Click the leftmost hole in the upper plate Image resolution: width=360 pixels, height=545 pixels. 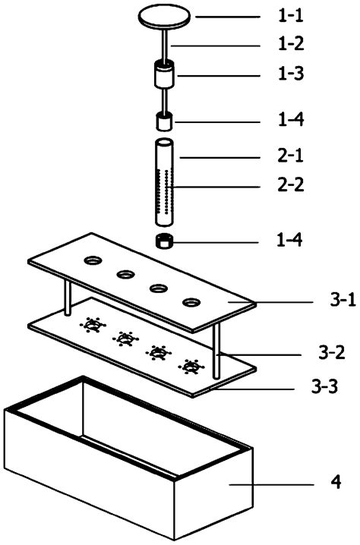[93, 261]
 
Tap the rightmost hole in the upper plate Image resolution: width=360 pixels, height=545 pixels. [191, 303]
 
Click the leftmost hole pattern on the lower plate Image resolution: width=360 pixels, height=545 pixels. [93, 326]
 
